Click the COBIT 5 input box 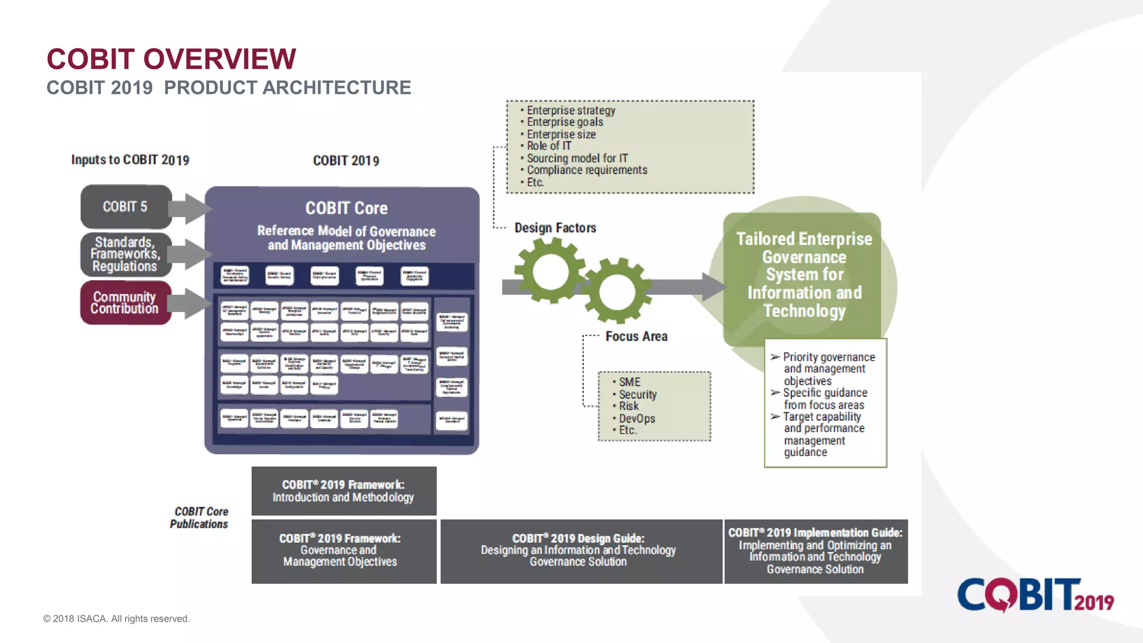[x=126, y=207]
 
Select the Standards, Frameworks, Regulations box [x=126, y=255]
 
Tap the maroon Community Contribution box [x=126, y=303]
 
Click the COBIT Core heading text [x=346, y=208]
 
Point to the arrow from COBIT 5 [x=189, y=209]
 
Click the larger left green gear [x=550, y=271]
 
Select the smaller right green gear [x=617, y=291]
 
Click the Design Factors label [x=555, y=228]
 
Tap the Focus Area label [x=636, y=337]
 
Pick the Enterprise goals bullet [x=564, y=122]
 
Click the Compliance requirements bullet [x=587, y=170]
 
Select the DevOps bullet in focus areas [x=636, y=419]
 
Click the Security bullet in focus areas [x=637, y=395]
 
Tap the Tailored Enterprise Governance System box [x=804, y=275]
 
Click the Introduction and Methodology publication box [x=344, y=491]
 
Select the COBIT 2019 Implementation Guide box [x=815, y=551]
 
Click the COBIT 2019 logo [x=1035, y=596]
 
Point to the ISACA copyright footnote [x=117, y=618]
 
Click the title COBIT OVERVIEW [x=171, y=59]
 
